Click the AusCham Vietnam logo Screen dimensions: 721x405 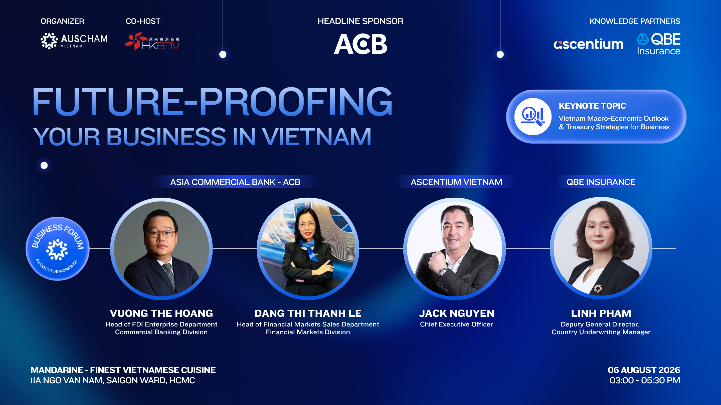74,41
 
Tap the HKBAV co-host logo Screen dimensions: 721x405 152,41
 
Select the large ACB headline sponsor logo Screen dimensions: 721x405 360,44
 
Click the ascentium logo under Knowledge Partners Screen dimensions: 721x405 588,44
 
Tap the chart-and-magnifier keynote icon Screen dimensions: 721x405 533,116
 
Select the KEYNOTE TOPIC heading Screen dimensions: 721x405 592,106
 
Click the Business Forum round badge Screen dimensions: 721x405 58,248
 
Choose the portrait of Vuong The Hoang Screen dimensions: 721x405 161,248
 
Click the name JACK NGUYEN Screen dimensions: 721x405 456,313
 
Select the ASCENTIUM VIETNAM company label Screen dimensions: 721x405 456,182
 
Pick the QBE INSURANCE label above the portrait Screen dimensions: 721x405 601,182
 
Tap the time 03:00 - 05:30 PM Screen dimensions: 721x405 645,380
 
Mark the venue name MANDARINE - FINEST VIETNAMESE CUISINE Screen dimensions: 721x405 123,370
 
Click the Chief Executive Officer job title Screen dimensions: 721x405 456,324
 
